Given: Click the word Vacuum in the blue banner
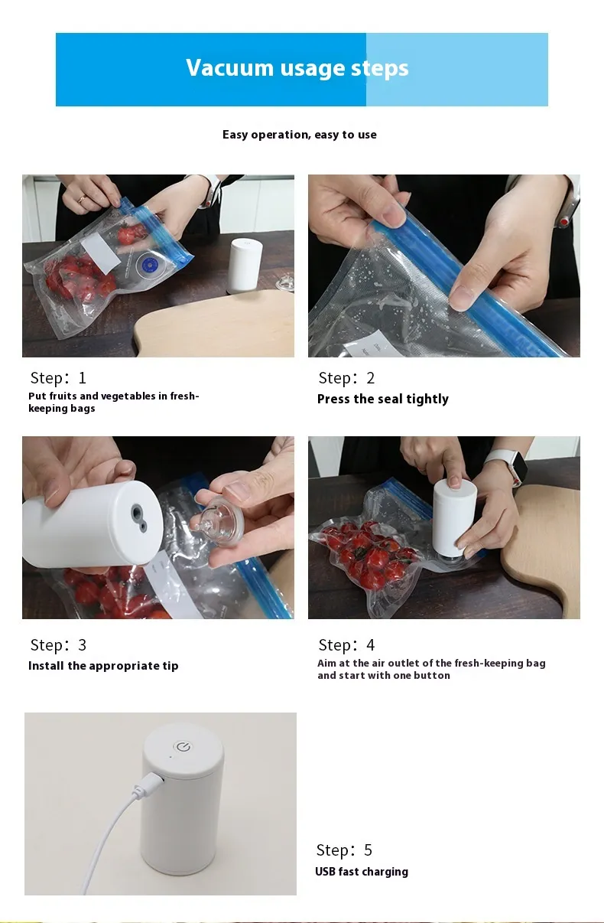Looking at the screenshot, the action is (229, 67).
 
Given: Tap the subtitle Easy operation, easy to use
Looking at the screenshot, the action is (299, 135).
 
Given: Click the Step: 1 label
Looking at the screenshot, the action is (58, 378).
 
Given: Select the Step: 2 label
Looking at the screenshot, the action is (346, 378).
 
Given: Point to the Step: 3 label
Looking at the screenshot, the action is (58, 645).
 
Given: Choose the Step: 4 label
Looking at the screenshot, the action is (346, 645).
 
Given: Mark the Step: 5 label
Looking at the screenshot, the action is (344, 850).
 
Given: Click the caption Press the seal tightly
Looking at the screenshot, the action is (383, 399).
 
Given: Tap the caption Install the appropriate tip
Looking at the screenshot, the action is (103, 666).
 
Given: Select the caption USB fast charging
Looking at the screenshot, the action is (362, 872).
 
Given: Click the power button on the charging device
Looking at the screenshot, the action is (183, 747).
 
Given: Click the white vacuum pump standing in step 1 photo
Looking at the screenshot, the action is (245, 266).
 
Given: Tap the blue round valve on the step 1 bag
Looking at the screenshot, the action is (145, 264).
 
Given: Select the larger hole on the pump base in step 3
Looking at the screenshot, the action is (136, 513).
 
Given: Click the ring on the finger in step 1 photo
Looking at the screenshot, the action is (82, 200).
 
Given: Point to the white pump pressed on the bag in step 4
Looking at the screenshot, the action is (454, 520).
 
